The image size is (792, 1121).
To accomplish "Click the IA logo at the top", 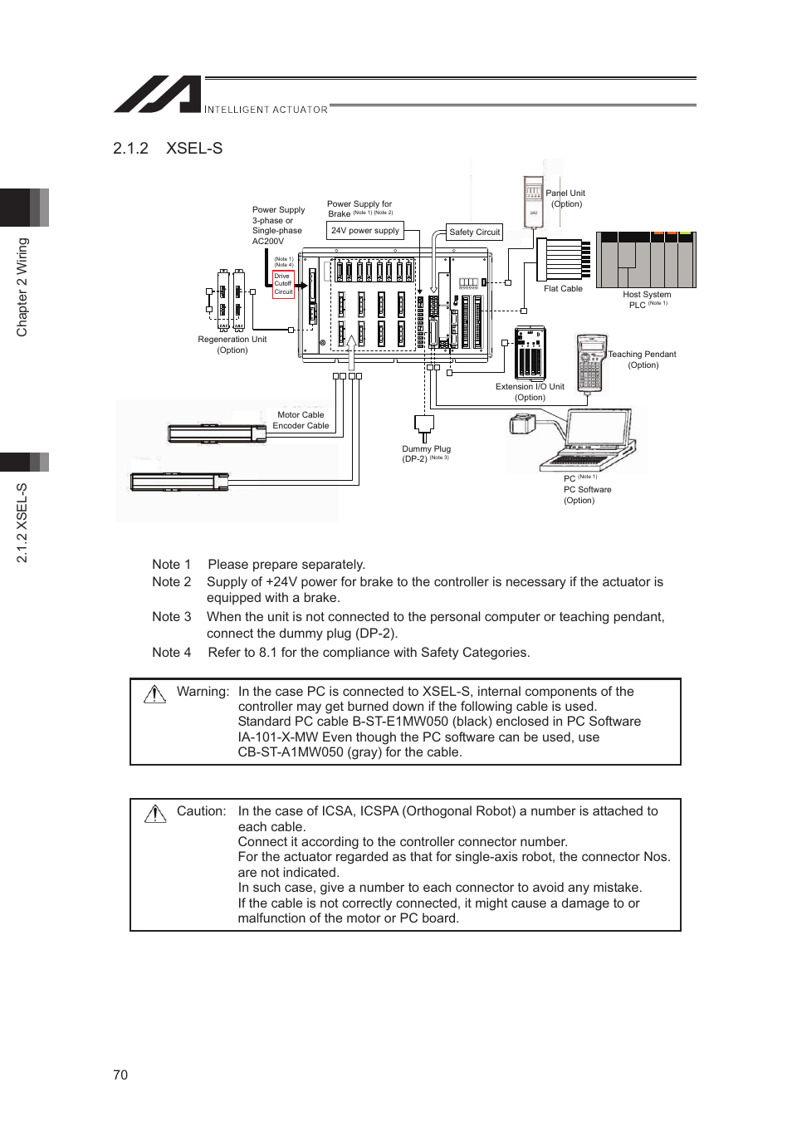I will pos(158,95).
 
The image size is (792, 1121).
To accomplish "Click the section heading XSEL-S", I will pos(193,149).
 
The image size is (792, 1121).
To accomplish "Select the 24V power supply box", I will pos(365,231).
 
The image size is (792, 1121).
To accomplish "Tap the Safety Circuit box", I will pos(474,233).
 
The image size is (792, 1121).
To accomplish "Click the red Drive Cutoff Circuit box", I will pos(283,284).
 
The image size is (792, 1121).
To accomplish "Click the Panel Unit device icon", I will pos(533,202).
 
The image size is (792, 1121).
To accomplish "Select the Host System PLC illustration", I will pos(646,260).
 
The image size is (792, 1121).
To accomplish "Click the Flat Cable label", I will pos(563,289).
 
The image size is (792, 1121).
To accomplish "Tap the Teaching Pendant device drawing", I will pos(590,362).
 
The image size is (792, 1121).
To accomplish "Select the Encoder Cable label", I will pos(301,426).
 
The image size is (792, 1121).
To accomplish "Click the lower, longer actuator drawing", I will pos(179,482).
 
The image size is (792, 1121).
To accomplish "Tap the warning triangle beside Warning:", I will pos(155,694).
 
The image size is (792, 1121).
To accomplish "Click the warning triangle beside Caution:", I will pos(155,814).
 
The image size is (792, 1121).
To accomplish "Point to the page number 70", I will pos(120,1074).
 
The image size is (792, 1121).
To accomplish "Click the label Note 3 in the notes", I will pos(171,617).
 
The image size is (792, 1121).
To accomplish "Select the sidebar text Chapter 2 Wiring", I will pos(22,287).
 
